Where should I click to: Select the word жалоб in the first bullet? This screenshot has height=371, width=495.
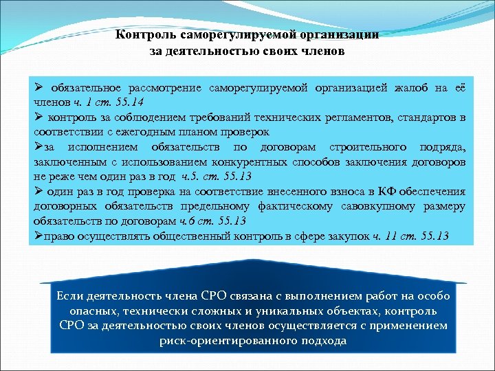413,88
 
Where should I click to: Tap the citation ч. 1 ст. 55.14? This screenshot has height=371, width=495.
101,102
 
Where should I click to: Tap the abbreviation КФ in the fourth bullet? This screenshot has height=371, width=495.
372,191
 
